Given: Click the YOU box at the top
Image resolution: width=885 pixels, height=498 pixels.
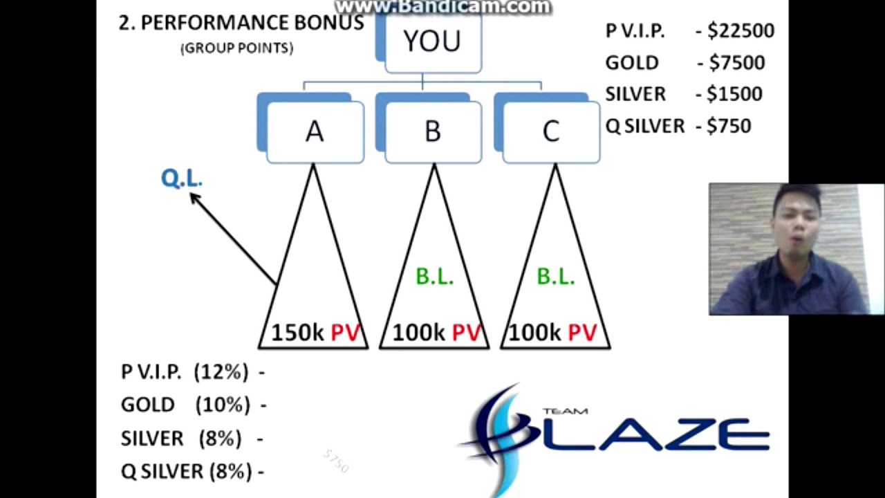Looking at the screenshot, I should (432, 42).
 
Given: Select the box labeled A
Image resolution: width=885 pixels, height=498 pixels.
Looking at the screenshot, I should (315, 131).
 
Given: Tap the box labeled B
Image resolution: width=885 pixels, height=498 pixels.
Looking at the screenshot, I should (433, 131).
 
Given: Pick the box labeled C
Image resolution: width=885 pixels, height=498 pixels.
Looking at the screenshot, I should (551, 131).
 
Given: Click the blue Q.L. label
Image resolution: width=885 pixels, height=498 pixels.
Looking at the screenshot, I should (181, 178).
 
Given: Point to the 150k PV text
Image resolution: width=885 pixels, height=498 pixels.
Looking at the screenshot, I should (316, 333).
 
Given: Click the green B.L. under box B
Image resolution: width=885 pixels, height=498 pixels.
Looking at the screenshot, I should (434, 277).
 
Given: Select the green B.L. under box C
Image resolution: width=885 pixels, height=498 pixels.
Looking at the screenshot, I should (555, 277).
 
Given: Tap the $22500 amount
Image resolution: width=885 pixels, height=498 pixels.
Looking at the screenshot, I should (740, 31).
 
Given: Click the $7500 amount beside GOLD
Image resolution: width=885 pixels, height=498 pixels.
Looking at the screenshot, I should (737, 63).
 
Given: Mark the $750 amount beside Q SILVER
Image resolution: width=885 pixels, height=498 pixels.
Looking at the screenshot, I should (729, 126).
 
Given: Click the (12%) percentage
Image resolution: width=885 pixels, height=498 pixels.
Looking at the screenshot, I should (221, 372).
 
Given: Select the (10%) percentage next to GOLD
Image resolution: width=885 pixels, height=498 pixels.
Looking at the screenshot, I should (223, 405).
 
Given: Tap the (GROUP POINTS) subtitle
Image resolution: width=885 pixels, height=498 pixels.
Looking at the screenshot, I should (236, 48).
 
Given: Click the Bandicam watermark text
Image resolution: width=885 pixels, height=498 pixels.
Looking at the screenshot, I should (442, 7).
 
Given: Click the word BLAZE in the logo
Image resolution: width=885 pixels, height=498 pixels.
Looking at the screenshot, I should (643, 436).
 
